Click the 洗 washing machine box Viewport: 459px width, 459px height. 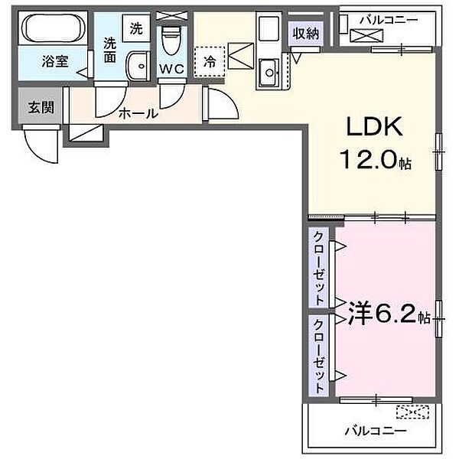pyautogui.click(x=135, y=29)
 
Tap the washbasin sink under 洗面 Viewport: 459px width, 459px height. pyautogui.click(x=138, y=65)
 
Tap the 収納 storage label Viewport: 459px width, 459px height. pyautogui.click(x=305, y=32)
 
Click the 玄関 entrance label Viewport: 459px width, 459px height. pyautogui.click(x=41, y=108)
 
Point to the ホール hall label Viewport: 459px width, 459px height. pyautogui.click(x=138, y=113)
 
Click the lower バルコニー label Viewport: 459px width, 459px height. pyautogui.click(x=374, y=431)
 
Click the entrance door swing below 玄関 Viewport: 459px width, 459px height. pyautogui.click(x=38, y=139)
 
